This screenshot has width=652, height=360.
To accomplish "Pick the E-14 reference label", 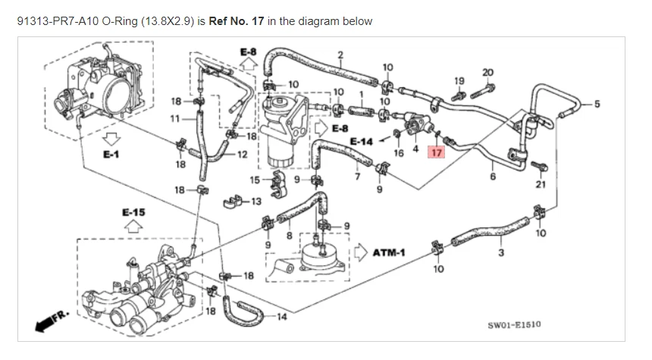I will [361, 142].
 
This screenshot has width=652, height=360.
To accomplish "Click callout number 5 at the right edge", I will [597, 104].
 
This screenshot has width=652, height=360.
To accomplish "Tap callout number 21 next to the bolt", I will [540, 183].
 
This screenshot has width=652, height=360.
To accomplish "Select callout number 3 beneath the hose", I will [501, 252].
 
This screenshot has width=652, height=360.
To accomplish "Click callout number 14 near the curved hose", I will [281, 317].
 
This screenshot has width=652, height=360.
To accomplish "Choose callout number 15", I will [255, 180].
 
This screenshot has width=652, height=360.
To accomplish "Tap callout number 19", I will [459, 80].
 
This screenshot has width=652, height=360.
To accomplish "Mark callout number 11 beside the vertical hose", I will [175, 118].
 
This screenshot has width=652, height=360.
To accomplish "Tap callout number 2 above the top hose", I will [340, 54].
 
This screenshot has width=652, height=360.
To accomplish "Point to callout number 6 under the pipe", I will [492, 177].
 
